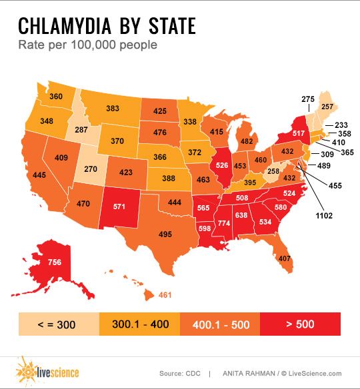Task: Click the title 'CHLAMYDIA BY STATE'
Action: coord(107,26)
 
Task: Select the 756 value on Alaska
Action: coord(55,262)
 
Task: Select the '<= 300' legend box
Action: coord(58,325)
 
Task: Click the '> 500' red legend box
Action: coord(301,325)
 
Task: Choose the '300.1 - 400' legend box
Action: coord(139,325)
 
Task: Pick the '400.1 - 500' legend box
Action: coord(220,325)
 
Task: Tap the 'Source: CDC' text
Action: coord(181,373)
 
